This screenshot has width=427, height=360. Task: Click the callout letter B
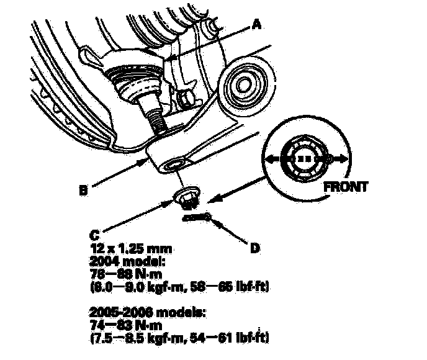point(82,191)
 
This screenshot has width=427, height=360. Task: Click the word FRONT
point(344,185)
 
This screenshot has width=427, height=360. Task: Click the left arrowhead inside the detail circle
point(268,160)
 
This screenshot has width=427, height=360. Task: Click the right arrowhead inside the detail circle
point(343,160)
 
